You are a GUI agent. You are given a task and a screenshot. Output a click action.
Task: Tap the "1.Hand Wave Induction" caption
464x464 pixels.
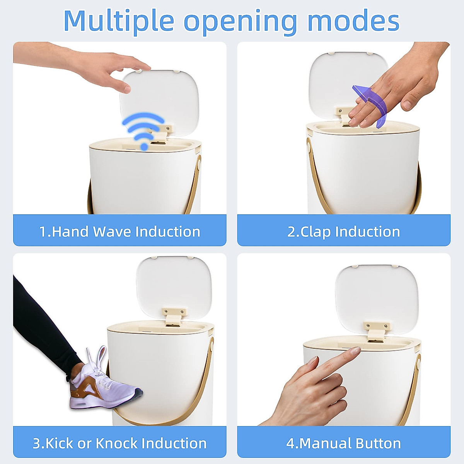click(x=119, y=231)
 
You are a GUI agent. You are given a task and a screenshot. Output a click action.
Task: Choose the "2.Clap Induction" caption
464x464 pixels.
click(x=343, y=231)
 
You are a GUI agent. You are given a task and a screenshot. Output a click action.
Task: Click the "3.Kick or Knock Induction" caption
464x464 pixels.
click(x=119, y=443)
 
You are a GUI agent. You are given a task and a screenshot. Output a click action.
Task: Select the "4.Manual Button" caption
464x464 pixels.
click(x=343, y=443)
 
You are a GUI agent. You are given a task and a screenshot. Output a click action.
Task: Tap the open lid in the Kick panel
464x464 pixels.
click(x=174, y=284)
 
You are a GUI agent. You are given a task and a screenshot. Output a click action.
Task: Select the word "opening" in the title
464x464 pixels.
click(x=240, y=21)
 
